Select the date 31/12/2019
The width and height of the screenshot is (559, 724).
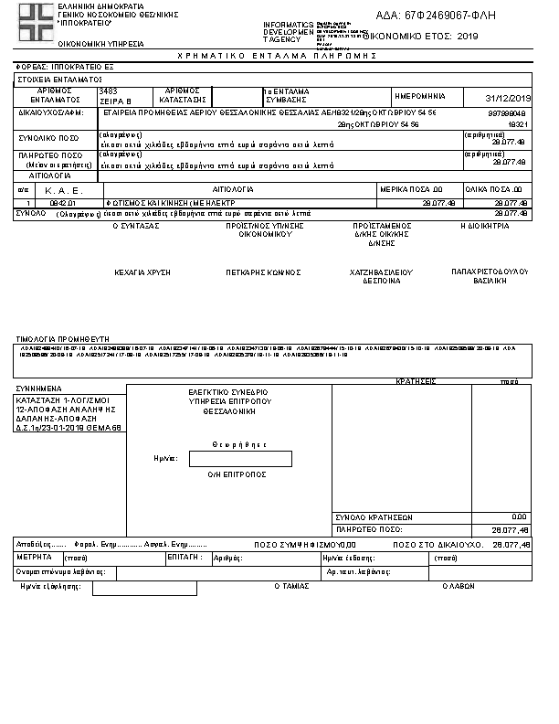509,98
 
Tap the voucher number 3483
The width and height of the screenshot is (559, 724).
109,91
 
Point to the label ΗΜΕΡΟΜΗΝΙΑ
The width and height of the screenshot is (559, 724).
420,96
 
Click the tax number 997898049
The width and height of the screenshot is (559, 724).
509,112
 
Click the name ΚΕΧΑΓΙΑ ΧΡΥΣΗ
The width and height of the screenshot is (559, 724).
142,271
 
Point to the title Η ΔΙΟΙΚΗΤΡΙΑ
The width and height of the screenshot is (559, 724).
484,225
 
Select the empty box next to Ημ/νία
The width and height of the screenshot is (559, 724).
240,458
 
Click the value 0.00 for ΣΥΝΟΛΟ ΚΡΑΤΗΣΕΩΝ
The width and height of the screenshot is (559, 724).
519,516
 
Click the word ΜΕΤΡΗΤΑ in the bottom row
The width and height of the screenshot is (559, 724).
34,556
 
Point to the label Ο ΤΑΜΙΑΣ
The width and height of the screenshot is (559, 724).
293,589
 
